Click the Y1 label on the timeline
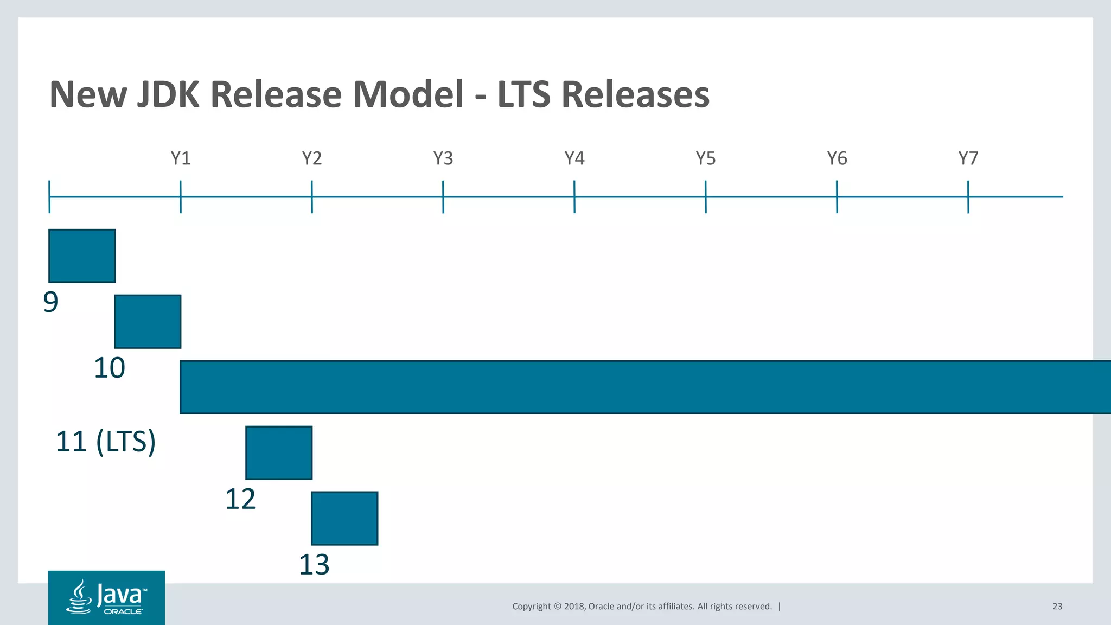pyautogui.click(x=181, y=158)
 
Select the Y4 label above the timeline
pyautogui.click(x=574, y=158)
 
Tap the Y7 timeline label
pyautogui.click(x=968, y=158)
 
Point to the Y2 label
pyautogui.click(x=312, y=158)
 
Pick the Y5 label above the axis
pyautogui.click(x=706, y=158)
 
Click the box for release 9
pyautogui.click(x=82, y=256)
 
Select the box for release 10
pyautogui.click(x=148, y=322)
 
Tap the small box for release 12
pyautogui.click(x=279, y=453)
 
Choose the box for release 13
pyautogui.click(x=344, y=519)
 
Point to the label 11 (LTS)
pyautogui.click(x=106, y=442)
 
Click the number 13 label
pyautogui.click(x=314, y=565)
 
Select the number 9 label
pyautogui.click(x=50, y=302)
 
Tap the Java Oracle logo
pyautogui.click(x=106, y=597)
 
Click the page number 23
pyautogui.click(x=1057, y=607)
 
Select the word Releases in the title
pyautogui.click(x=635, y=94)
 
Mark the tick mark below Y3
pyautogui.click(x=443, y=197)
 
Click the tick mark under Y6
pyautogui.click(x=837, y=197)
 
